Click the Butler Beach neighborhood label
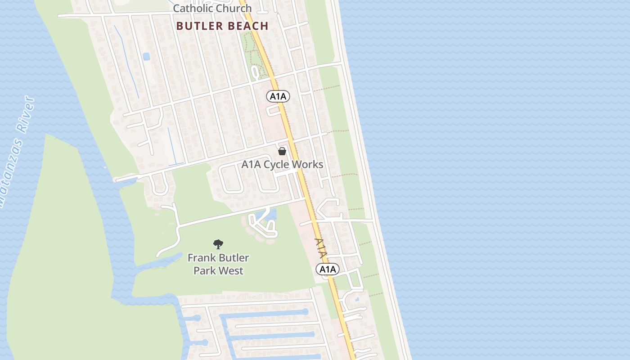click(x=222, y=26)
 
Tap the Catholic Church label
click(x=212, y=8)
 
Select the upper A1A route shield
click(x=278, y=96)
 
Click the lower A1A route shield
click(x=327, y=269)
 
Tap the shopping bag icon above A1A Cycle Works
click(x=282, y=151)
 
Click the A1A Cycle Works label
click(x=282, y=164)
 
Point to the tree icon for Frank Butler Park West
click(x=218, y=244)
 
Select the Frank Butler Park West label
click(x=218, y=264)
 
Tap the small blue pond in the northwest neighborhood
click(x=146, y=57)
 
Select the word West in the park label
click(x=232, y=270)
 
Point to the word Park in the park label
click(x=205, y=270)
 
